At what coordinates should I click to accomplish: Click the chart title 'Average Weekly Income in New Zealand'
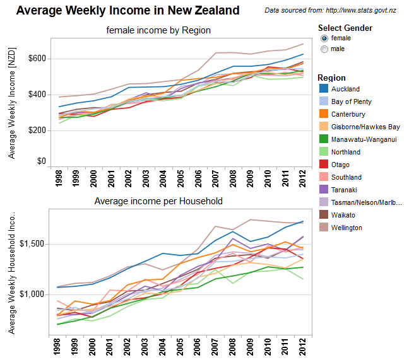(127, 11)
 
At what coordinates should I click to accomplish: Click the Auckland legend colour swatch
(322, 89)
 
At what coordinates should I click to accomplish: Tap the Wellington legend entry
(346, 228)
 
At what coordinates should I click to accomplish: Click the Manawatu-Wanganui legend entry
(360, 139)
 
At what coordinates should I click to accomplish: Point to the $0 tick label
(42, 161)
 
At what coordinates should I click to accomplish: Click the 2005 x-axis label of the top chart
(180, 178)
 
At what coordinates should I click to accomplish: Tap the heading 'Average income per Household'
(158, 201)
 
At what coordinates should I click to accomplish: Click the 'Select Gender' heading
(345, 28)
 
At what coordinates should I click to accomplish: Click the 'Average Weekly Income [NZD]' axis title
(11, 105)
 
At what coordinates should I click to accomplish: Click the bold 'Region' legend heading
(331, 78)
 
